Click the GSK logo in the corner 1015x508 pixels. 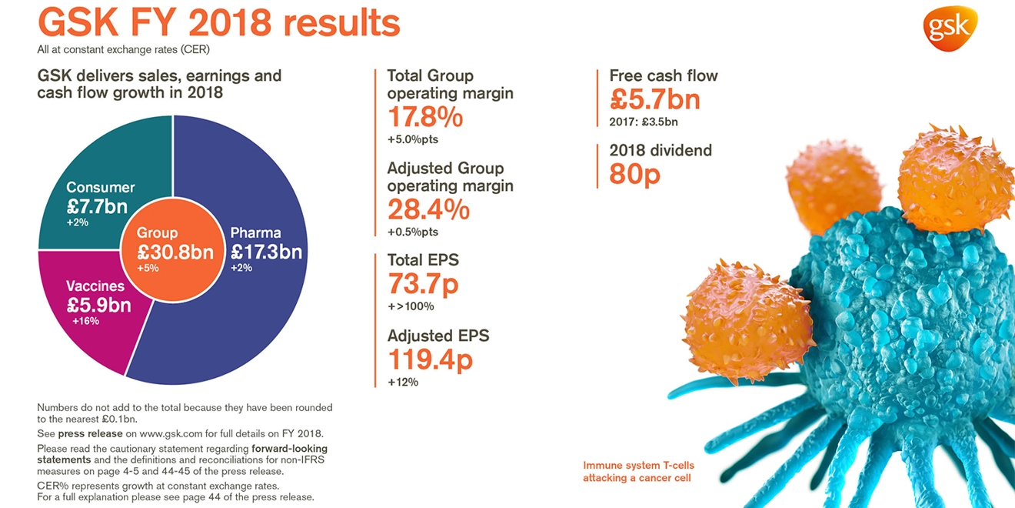tap(950, 28)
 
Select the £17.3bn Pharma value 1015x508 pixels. tap(266, 251)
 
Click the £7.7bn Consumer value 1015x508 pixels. tap(97, 206)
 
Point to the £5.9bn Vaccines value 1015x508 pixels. tap(98, 305)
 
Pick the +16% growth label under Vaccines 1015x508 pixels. tap(85, 321)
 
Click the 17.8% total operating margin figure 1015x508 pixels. tap(424, 118)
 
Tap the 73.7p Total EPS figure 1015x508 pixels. tap(422, 284)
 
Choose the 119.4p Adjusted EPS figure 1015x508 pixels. tap(429, 359)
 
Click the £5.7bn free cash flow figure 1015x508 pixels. tap(654, 99)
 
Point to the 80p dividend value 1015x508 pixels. tap(634, 175)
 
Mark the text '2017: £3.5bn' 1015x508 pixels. tap(644, 122)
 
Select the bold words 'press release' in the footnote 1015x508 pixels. tap(90, 433)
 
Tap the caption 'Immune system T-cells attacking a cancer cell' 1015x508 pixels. tap(638, 472)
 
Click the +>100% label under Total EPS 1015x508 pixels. tap(411, 306)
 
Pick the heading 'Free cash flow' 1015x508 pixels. tap(664, 75)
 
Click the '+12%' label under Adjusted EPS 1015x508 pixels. tap(403, 382)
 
